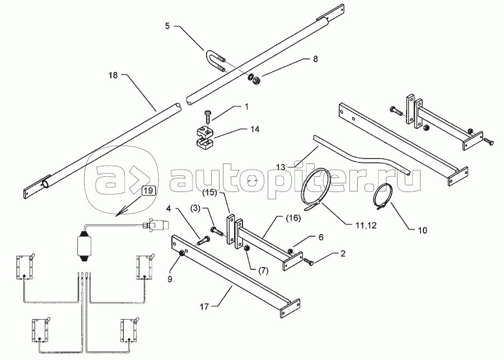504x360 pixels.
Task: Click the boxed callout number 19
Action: coord(148,190)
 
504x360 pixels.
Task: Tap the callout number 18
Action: coord(113,75)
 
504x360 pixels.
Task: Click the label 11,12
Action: coord(366,226)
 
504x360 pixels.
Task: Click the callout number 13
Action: coord(281,167)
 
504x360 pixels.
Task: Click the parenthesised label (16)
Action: coord(292,218)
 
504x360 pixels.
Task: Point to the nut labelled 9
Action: coord(181,253)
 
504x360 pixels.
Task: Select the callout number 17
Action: coord(204,307)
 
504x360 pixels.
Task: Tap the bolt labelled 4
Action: coord(203,241)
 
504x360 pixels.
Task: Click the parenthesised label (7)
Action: coord(263,270)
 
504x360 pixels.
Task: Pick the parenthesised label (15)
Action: coord(209,193)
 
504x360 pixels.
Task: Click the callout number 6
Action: coord(321,237)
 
